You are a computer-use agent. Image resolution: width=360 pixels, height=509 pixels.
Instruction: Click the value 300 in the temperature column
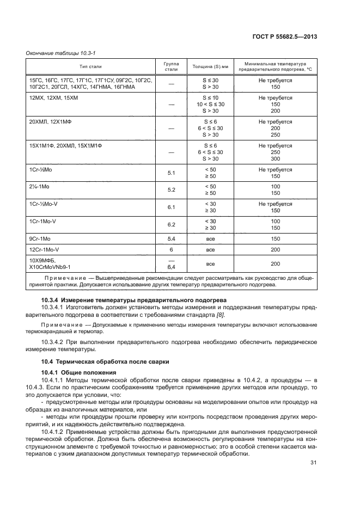275,159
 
